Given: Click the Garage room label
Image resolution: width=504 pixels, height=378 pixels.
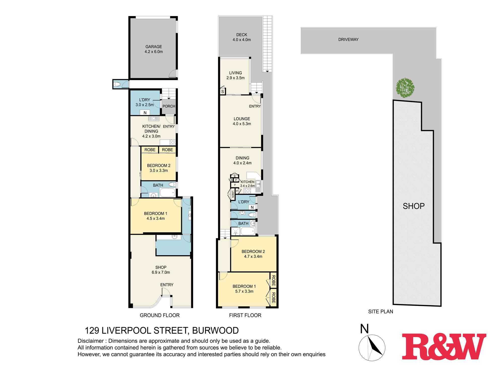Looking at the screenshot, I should [x=153, y=47].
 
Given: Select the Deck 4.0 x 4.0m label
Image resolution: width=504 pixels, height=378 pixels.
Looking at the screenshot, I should [x=241, y=37].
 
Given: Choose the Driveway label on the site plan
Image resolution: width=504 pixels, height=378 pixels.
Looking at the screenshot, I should [x=348, y=40].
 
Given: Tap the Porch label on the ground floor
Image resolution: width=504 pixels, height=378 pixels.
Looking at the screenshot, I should [x=169, y=106].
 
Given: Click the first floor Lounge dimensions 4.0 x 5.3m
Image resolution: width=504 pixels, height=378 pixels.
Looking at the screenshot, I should [x=242, y=124].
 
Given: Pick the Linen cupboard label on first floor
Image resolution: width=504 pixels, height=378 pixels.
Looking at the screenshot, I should [x=233, y=194].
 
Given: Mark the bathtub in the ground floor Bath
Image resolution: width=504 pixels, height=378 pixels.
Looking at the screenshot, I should [x=167, y=193].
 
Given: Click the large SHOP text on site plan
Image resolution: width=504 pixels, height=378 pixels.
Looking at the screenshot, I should [x=414, y=206].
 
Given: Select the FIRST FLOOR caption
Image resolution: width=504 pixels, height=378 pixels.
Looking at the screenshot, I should [x=245, y=315].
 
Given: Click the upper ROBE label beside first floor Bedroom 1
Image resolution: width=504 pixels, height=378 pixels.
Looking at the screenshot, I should [x=273, y=280].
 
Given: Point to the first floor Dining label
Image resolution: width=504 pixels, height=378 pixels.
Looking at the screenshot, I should [x=242, y=158].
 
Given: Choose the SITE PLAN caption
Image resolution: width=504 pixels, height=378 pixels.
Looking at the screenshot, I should [x=381, y=311].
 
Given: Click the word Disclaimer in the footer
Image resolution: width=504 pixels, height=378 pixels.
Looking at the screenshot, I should [x=90, y=341].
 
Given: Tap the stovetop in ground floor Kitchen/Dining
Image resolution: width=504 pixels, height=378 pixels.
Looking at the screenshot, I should [x=172, y=142].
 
